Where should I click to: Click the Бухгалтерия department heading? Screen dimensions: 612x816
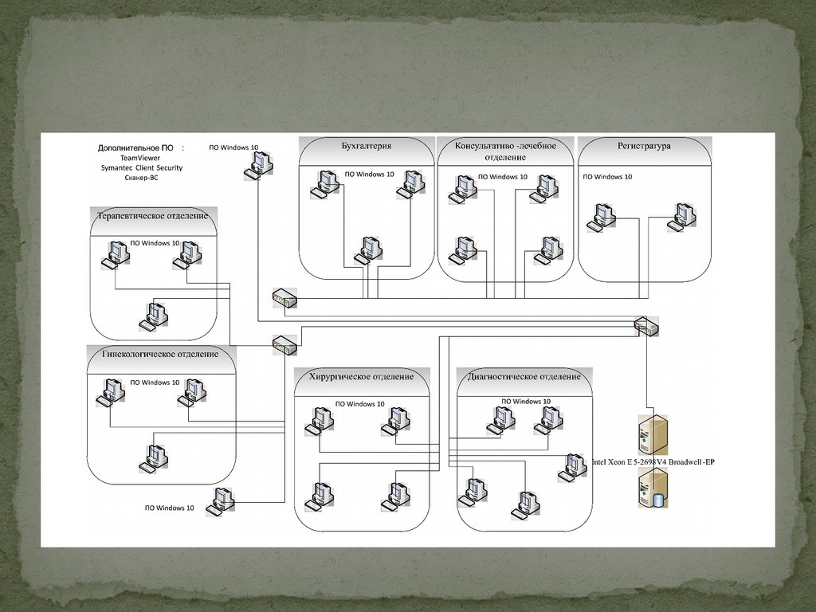pyautogui.click(x=366, y=146)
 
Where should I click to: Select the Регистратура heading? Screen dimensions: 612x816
pyautogui.click(x=643, y=146)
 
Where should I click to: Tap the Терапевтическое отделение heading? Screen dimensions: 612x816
pyautogui.click(x=152, y=216)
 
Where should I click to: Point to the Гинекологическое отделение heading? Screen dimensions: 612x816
pyautogui.click(x=160, y=354)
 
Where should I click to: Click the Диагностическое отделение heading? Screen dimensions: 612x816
pyautogui.click(x=524, y=376)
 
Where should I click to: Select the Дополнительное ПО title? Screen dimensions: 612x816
pyautogui.click(x=135, y=147)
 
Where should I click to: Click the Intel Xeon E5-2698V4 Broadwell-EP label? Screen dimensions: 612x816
pyautogui.click(x=653, y=462)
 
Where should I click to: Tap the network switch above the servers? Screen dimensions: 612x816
pyautogui.click(x=646, y=325)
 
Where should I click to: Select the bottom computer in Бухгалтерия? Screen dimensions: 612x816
pyautogui.click(x=367, y=250)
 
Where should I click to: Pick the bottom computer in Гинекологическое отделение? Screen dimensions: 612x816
pyautogui.click(x=153, y=456)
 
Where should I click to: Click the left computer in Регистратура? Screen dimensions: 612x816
pyautogui.click(x=602, y=218)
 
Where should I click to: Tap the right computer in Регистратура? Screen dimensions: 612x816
pyautogui.click(x=681, y=217)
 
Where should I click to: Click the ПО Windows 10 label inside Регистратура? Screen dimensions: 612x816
pyautogui.click(x=607, y=177)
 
